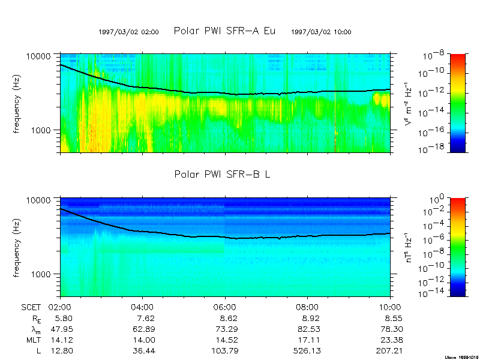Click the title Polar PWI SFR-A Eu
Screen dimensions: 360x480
224,31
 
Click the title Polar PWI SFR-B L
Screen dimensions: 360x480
224,175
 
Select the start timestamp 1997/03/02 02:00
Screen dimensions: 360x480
128,32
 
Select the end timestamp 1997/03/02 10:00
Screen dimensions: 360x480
321,32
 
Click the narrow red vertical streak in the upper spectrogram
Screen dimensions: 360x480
335,120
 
